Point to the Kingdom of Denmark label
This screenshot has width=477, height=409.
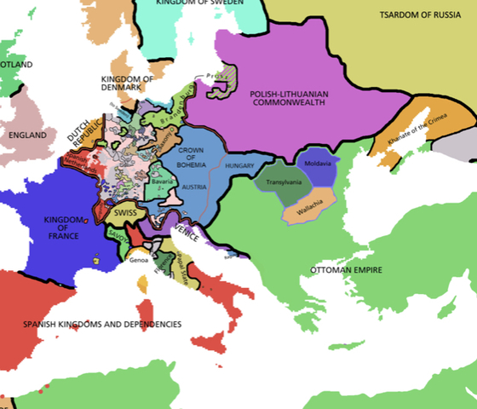coord(128,84)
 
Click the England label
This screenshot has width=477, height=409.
coord(27,135)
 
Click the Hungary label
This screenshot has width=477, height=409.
coord(241,165)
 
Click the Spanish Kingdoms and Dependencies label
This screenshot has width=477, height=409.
coord(102,325)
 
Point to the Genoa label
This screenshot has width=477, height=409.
coord(139,260)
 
